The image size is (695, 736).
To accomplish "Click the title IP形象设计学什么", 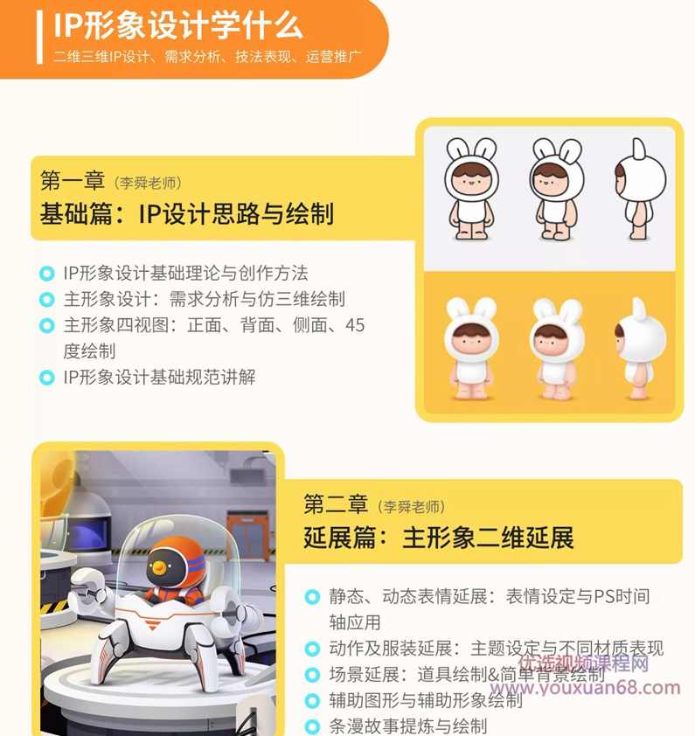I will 177,25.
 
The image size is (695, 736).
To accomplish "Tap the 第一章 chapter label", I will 73,181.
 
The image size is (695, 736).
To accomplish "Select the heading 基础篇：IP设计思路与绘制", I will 186,214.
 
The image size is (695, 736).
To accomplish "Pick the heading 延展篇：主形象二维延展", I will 438,537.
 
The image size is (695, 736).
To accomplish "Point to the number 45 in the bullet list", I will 355,325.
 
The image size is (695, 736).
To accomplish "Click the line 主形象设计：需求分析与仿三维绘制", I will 204,299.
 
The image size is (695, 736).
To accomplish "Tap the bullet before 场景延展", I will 311,675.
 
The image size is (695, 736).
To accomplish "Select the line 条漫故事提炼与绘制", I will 407,726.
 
